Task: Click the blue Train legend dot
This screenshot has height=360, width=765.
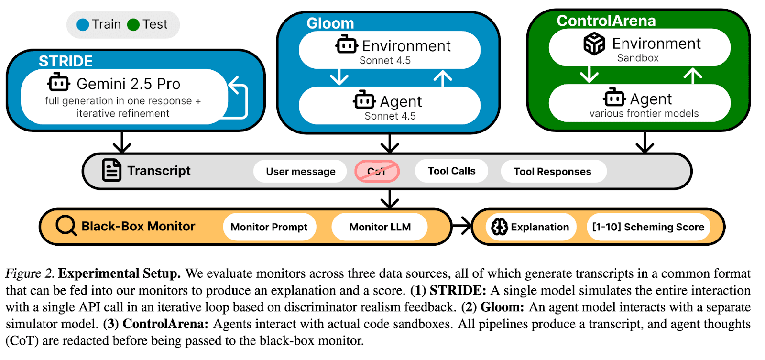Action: pos(83,25)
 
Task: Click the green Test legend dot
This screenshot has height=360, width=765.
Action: pos(133,25)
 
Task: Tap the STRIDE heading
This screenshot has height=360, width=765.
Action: pos(66,61)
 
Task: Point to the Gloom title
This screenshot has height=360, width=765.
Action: pos(330,23)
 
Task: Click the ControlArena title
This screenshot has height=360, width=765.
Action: pos(606,21)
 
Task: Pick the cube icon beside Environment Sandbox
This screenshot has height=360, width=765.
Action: pos(594,44)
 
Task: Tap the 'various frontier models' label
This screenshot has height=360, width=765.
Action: pos(644,114)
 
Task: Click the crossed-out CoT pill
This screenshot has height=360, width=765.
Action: pos(377,171)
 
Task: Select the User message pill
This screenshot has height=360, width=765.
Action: pos(300,172)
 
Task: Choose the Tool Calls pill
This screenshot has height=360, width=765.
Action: pos(451,171)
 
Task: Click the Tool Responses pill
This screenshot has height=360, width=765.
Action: pos(552,172)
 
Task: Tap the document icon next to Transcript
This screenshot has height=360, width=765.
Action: pos(112,170)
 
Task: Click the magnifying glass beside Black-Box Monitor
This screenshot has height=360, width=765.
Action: pos(66,226)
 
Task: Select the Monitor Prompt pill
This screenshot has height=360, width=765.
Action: pos(269,227)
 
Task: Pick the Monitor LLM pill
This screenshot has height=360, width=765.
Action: pos(380,227)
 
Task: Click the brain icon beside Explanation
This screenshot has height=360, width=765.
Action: pos(499,227)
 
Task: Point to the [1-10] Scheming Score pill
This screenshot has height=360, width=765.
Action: pos(648,227)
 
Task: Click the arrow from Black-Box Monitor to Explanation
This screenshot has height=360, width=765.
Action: pos(462,226)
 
